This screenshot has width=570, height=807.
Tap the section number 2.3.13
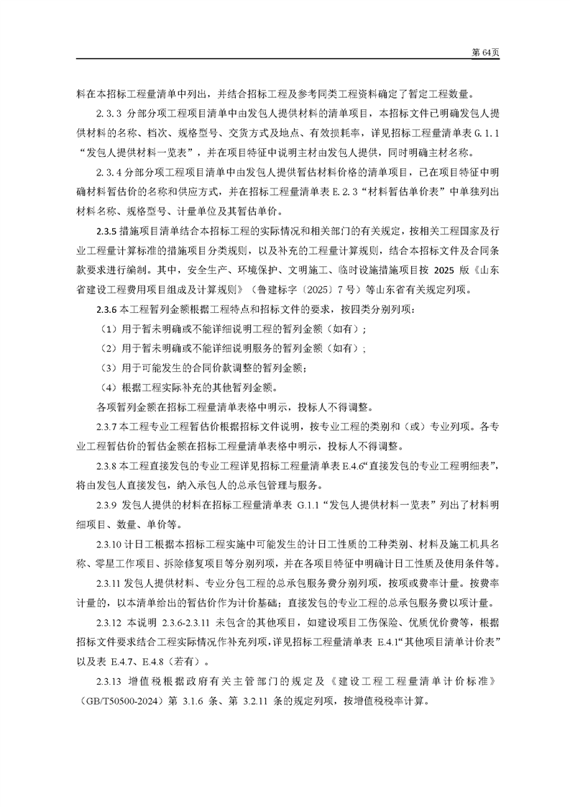click(x=111, y=680)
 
